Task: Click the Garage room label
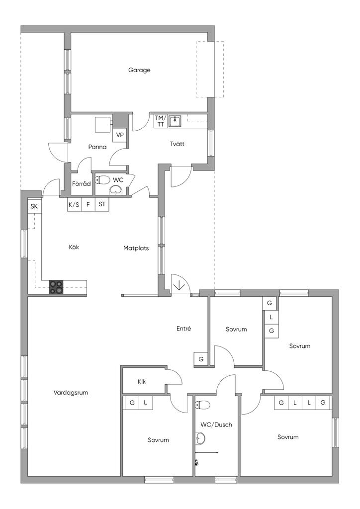[139, 70]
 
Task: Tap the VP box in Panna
[120, 135]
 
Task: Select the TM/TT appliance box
[161, 121]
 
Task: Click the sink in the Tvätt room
[175, 121]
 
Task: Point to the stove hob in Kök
[56, 287]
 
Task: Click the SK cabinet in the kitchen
[34, 206]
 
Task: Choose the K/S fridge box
[74, 205]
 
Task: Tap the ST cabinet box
[102, 205]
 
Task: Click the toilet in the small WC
[102, 180]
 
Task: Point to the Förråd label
[82, 184]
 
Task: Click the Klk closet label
[142, 382]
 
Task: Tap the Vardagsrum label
[71, 393]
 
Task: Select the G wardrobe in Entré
[201, 359]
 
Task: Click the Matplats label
[136, 249]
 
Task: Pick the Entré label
[184, 329]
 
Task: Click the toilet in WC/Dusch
[202, 405]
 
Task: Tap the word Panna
[97, 147]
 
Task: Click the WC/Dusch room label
[216, 424]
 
